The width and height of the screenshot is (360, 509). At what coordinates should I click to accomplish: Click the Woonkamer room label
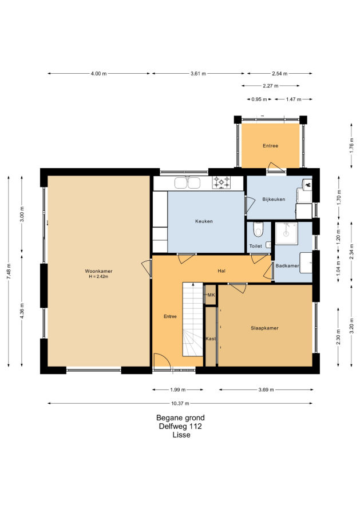(98, 271)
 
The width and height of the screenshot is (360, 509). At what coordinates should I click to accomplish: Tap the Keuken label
(204, 221)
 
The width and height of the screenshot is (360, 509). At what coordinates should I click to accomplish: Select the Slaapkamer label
(264, 328)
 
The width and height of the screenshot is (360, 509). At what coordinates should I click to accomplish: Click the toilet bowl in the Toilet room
(258, 229)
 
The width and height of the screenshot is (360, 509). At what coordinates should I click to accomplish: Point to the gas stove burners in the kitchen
(221, 182)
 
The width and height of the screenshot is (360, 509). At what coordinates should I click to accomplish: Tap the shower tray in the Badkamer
(286, 233)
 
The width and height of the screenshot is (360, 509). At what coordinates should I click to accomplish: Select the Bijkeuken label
(274, 199)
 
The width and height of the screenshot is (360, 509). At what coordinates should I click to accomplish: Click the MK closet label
(211, 295)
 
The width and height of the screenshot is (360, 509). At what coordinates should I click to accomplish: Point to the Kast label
(211, 339)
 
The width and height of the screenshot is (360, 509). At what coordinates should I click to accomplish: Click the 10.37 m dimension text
(180, 404)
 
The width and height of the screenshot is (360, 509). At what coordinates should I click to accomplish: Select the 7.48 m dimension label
(9, 271)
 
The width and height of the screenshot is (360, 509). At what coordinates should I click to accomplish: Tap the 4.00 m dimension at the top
(99, 74)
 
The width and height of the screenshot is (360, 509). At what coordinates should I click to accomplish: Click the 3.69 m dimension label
(266, 389)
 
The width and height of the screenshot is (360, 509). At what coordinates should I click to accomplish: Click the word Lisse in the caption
(181, 435)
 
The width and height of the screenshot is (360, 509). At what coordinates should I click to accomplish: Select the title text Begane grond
(180, 418)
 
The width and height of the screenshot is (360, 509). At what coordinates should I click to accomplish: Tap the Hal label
(221, 271)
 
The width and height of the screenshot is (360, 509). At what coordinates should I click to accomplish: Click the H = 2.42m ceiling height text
(98, 277)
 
